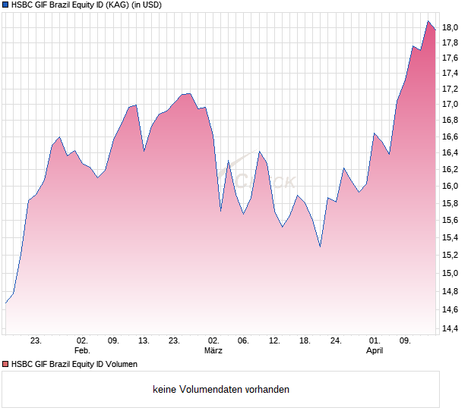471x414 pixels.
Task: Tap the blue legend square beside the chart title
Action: click(5, 5)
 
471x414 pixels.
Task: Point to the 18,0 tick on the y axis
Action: click(450, 28)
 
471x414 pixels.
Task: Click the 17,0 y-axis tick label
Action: click(450, 105)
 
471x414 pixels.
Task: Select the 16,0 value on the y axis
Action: click(450, 187)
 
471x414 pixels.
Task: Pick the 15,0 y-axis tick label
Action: click(450, 274)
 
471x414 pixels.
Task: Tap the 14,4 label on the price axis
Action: click(450, 328)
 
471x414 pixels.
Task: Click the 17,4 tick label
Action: click(450, 74)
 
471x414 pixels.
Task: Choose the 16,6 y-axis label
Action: click(450, 136)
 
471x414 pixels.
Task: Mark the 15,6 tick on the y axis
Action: click(450, 221)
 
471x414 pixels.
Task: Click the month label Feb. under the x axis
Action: click(82, 350)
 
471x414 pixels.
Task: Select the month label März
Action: click(213, 350)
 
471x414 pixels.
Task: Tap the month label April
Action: click(375, 350)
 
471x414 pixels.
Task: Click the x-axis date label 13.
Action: click(144, 340)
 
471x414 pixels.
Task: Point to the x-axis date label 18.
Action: click(305, 340)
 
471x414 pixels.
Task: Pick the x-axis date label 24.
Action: click(337, 340)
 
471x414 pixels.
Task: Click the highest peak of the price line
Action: click(428, 22)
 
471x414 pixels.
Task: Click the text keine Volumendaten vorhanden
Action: click(221, 390)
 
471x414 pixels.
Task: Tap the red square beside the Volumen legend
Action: click(5, 364)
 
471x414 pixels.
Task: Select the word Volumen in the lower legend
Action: click(121, 364)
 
